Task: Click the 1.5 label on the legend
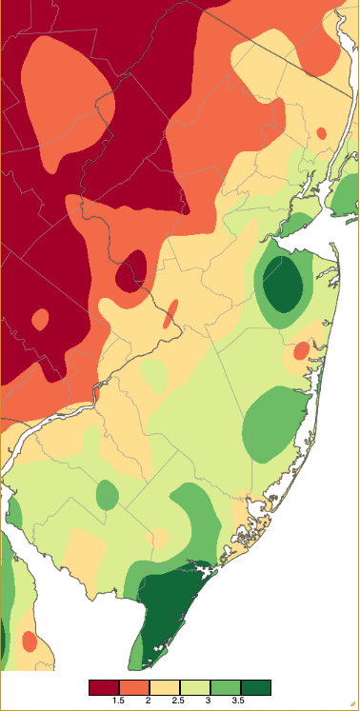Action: [119, 701]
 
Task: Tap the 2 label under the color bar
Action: [149, 701]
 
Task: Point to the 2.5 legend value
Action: [178, 701]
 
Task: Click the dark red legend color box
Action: [104, 687]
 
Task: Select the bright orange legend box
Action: [133, 687]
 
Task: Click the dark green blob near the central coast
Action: [283, 286]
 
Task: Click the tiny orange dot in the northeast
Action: [322, 132]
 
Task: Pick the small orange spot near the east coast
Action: [301, 351]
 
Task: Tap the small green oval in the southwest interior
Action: [108, 494]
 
